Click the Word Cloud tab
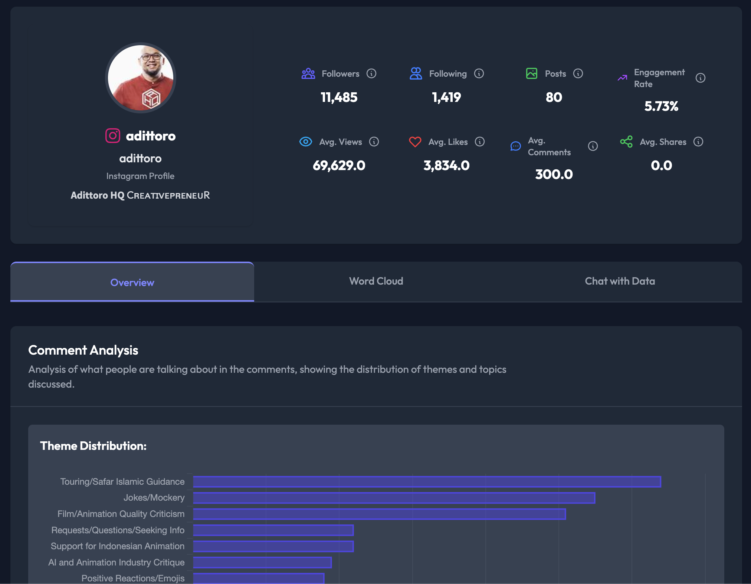[376, 281]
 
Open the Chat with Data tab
[620, 281]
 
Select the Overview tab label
[132, 283]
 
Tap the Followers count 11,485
[339, 97]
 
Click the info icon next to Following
[479, 74]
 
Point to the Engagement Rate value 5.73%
[661, 106]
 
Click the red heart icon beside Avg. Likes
[415, 142]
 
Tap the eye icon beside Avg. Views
[305, 142]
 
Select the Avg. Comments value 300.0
[554, 175]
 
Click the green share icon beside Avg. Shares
[626, 142]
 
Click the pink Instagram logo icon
[113, 136]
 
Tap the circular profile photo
[141, 78]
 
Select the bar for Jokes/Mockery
[394, 498]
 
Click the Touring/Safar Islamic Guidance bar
[427, 482]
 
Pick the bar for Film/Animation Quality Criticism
[379, 514]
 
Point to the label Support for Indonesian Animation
[118, 546]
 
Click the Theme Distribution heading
[93, 446]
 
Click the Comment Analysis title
[83, 350]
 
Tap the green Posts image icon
[531, 73]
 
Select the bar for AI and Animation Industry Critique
[262, 563]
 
